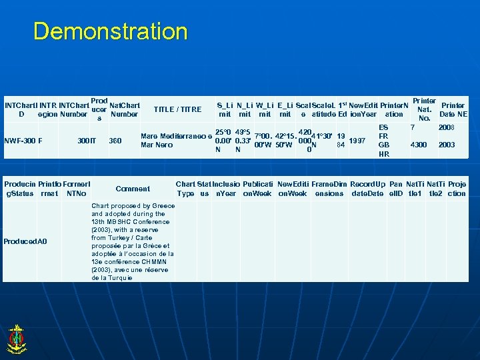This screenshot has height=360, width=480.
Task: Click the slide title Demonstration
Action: (x=111, y=31)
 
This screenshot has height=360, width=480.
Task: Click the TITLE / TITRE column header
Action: (x=177, y=109)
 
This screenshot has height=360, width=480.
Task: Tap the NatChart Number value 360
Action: (x=115, y=141)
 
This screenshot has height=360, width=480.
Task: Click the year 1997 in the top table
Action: (x=358, y=141)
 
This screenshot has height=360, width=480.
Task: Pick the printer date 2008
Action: (x=445, y=127)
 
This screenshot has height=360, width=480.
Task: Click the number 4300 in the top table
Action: (x=419, y=145)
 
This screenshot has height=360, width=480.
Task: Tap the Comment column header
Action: (x=133, y=189)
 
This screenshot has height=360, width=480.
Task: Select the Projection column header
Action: (x=457, y=189)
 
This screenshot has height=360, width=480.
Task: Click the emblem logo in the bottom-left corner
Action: (x=15, y=338)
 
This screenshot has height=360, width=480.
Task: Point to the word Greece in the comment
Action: (x=163, y=206)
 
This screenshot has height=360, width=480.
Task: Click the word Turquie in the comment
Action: (x=121, y=277)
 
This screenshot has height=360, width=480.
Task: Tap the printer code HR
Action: (x=383, y=154)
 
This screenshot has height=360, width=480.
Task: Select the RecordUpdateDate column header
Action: (x=367, y=189)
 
